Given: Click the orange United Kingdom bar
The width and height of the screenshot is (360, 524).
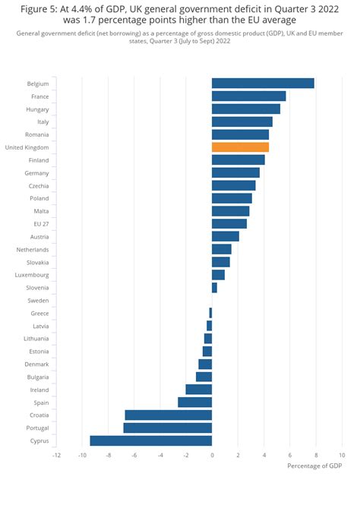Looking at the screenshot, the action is pyautogui.click(x=240, y=147).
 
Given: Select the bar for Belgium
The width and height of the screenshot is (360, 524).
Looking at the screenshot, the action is pyautogui.click(x=263, y=84).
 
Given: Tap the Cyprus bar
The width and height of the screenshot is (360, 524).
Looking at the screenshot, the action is pyautogui.click(x=150, y=440).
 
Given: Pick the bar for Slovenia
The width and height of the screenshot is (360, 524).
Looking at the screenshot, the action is pyautogui.click(x=214, y=288).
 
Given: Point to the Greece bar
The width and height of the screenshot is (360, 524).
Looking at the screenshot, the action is pyautogui.click(x=210, y=313).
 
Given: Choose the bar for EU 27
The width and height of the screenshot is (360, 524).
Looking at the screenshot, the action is pyautogui.click(x=229, y=224).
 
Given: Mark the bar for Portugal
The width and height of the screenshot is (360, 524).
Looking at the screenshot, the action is pyautogui.click(x=167, y=428).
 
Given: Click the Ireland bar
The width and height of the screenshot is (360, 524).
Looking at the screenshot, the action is pyautogui.click(x=199, y=390).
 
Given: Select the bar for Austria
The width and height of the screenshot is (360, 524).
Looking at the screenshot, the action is pyautogui.click(x=226, y=237).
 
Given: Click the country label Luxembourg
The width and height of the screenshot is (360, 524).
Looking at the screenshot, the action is pyautogui.click(x=32, y=275).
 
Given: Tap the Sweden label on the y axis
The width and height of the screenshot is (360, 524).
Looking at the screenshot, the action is pyautogui.click(x=38, y=301).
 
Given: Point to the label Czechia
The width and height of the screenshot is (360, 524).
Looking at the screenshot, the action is pyautogui.click(x=39, y=186).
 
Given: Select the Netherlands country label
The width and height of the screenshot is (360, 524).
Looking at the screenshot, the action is pyautogui.click(x=33, y=250).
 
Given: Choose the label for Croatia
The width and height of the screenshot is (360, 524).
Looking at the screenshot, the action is pyautogui.click(x=39, y=415).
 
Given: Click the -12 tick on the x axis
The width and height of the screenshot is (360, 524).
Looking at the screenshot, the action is pyautogui.click(x=56, y=455).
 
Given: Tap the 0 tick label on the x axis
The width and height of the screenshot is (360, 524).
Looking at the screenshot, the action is pyautogui.click(x=212, y=455).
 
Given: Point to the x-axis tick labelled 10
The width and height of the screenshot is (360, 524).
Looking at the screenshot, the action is pyautogui.click(x=342, y=455).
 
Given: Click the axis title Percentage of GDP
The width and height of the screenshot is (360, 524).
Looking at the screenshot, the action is pyautogui.click(x=314, y=466).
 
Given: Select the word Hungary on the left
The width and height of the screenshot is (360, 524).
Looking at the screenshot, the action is pyautogui.click(x=37, y=109).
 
